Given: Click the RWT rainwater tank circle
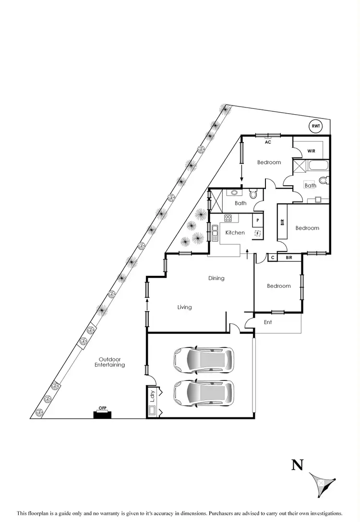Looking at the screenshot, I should pos(315,126).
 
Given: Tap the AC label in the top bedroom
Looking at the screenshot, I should pos(268,142).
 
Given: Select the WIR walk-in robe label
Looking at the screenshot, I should pos(311,151).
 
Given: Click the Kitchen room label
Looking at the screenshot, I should pos(235,233).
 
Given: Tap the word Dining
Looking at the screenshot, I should pos(216,278).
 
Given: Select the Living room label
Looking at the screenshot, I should pos(184,307).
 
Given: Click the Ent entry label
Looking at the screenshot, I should pos(268,322).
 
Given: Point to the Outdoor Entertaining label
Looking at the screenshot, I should pos(112,362).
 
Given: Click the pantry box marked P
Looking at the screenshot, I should pos(258,220).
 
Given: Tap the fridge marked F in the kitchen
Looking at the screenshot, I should pos(258,233).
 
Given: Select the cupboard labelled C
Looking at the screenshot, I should pos(272,258).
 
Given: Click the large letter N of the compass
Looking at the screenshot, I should pos(298,464).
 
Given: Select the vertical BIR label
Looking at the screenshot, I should pos(282,222).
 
